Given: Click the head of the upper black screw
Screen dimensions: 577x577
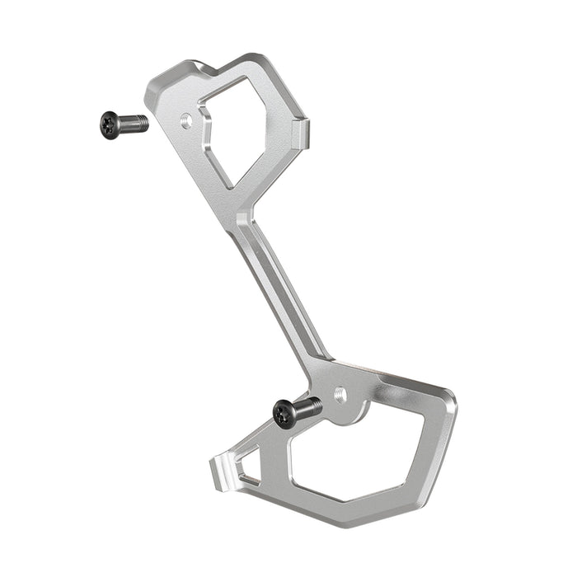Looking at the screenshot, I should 110,124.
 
